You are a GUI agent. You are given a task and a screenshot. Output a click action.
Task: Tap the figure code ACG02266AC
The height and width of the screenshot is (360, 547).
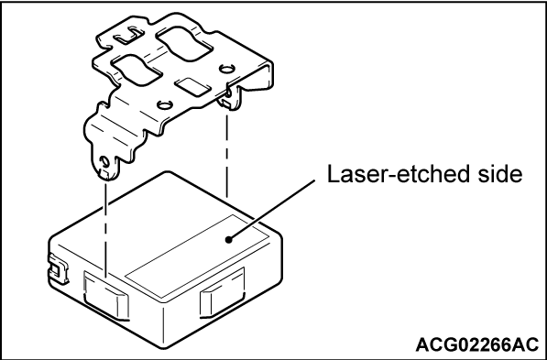pos(477,345)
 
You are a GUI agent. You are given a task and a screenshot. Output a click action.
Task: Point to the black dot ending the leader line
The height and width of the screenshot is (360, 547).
pos(229,240)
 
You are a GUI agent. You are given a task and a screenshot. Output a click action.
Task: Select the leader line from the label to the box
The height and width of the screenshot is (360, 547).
pos(272,210)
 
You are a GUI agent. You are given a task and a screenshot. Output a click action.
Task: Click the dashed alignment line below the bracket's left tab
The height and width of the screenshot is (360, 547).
pos(105,230)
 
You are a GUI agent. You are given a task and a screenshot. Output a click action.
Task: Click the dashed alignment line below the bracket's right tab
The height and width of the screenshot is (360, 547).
pos(227,155)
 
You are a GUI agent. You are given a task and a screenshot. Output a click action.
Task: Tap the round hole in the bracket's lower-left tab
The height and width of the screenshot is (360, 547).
pos(104,161)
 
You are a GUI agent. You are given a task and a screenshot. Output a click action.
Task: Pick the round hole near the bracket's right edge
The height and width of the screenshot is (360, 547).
pos(226,69)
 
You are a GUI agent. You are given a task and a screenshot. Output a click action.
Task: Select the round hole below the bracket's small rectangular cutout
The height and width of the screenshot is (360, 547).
pos(163,104)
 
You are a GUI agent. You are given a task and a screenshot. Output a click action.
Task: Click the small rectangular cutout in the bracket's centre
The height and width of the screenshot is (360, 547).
pos(191,86)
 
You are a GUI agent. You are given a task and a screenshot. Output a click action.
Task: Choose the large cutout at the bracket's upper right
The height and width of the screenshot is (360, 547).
pos(183,43)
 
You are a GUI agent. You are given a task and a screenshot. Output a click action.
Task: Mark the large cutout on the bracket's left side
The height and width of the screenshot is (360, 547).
pos(137,70)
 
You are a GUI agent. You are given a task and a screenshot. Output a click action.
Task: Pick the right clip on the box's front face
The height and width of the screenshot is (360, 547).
pos(223,293)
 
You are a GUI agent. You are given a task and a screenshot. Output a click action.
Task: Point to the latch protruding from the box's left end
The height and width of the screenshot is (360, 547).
pos(59,269)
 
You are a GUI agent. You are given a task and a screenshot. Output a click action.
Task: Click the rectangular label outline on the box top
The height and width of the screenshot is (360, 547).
pos(197,256)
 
